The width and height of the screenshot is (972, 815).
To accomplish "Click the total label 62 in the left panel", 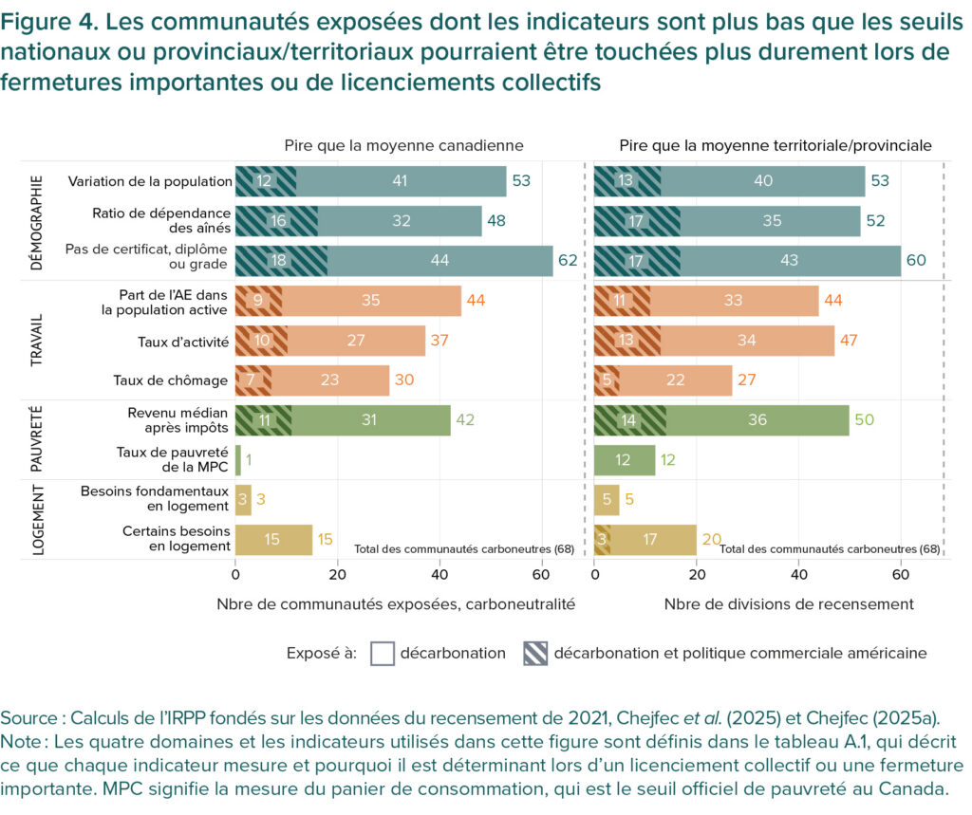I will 569,261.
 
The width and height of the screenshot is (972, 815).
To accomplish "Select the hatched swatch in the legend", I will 535,653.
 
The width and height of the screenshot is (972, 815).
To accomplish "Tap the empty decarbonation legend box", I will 382,653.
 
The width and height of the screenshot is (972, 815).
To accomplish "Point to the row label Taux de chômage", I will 172,380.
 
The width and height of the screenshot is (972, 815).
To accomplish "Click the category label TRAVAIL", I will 37,340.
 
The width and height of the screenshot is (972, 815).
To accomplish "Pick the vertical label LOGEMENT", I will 37,519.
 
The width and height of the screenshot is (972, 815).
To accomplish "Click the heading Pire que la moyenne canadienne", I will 403,145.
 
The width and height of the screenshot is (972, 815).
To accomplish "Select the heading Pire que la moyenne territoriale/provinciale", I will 775,145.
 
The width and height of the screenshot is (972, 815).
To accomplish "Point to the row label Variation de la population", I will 150,181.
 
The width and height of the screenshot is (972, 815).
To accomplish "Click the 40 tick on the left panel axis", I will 439,574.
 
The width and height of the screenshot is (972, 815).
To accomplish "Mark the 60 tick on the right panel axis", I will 900,574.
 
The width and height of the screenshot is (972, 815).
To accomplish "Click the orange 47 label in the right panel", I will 851,341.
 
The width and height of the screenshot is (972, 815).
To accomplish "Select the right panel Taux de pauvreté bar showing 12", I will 625,460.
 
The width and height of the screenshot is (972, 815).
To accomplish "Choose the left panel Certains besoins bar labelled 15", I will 273,540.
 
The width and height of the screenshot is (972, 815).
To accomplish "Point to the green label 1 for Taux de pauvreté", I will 249,460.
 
